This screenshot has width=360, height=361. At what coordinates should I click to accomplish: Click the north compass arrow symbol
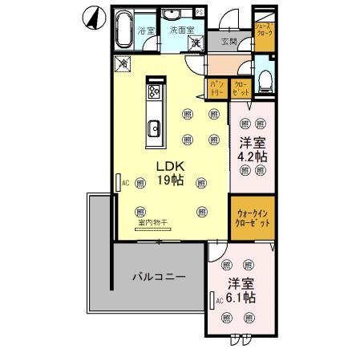[94, 16]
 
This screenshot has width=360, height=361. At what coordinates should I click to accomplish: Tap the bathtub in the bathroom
[123, 32]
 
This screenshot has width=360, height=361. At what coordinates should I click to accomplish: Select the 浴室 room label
[145, 30]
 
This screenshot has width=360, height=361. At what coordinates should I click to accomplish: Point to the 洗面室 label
[180, 30]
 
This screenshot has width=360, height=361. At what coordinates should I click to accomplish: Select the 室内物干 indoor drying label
[152, 221]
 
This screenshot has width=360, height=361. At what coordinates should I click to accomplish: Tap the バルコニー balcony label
[159, 278]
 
